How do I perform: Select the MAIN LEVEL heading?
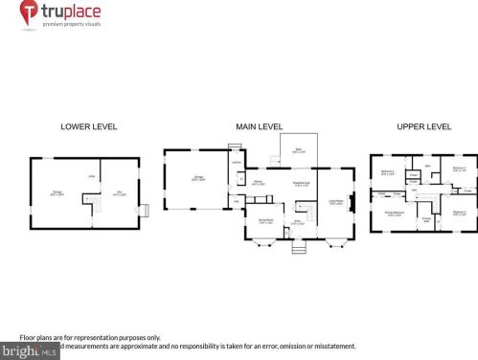click(260, 126)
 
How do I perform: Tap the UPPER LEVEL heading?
click(424, 126)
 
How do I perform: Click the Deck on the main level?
click(298, 149)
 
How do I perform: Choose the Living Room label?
click(335, 201)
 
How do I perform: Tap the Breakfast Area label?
click(299, 184)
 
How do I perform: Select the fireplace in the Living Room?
click(355, 202)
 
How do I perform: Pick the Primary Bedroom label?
click(393, 214)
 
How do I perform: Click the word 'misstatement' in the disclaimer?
click(331, 346)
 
